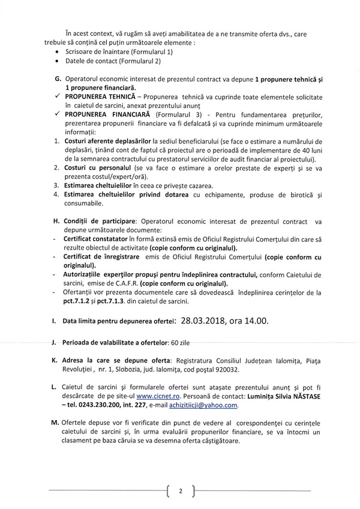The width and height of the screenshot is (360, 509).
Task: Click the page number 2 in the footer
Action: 181,492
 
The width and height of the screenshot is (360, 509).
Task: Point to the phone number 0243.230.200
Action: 95,406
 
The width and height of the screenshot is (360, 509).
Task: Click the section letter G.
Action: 58,79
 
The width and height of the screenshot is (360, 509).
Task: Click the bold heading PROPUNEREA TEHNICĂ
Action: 98,97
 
